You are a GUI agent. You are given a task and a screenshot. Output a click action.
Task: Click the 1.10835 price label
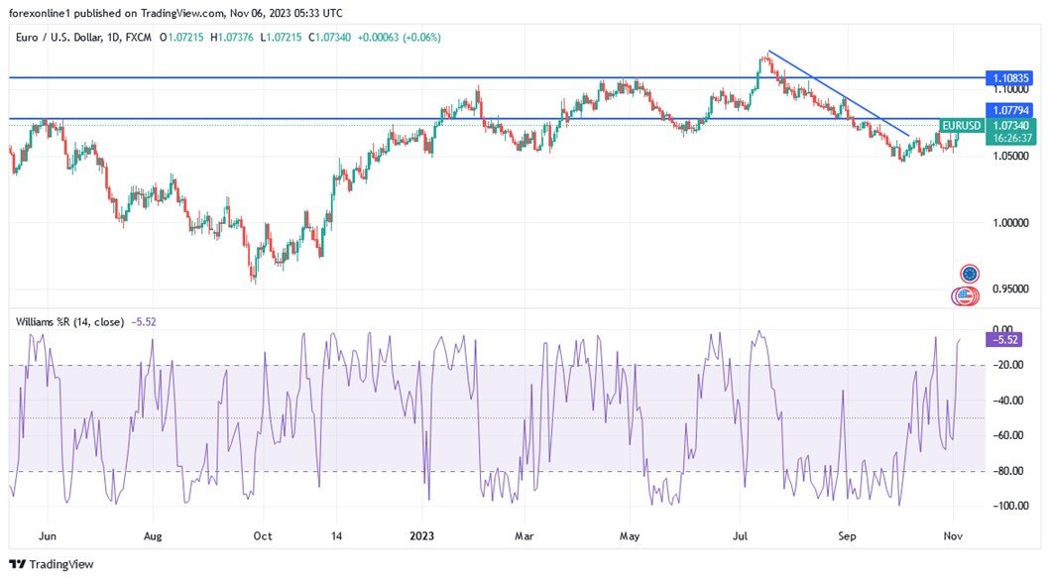point(1011,77)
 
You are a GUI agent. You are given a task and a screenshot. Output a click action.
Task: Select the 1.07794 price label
point(1011,109)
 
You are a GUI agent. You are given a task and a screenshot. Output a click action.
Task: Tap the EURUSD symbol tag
point(962,126)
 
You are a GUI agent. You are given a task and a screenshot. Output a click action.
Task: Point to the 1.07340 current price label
point(1011,126)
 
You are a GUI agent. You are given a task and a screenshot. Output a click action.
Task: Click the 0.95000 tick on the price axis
point(1011,290)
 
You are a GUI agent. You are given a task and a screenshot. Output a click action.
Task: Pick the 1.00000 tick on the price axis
point(1011,223)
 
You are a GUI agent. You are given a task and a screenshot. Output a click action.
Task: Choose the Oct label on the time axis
point(262,535)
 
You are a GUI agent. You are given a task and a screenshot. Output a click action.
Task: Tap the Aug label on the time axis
point(152,535)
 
